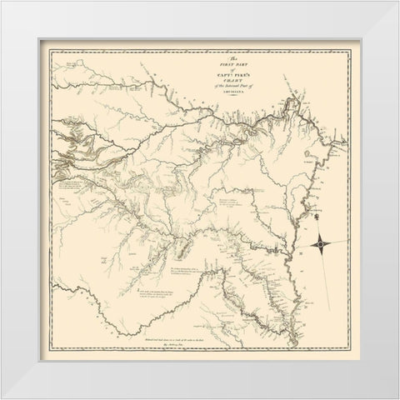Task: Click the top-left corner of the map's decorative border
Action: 51,51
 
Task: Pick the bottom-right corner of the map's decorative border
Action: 349,349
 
